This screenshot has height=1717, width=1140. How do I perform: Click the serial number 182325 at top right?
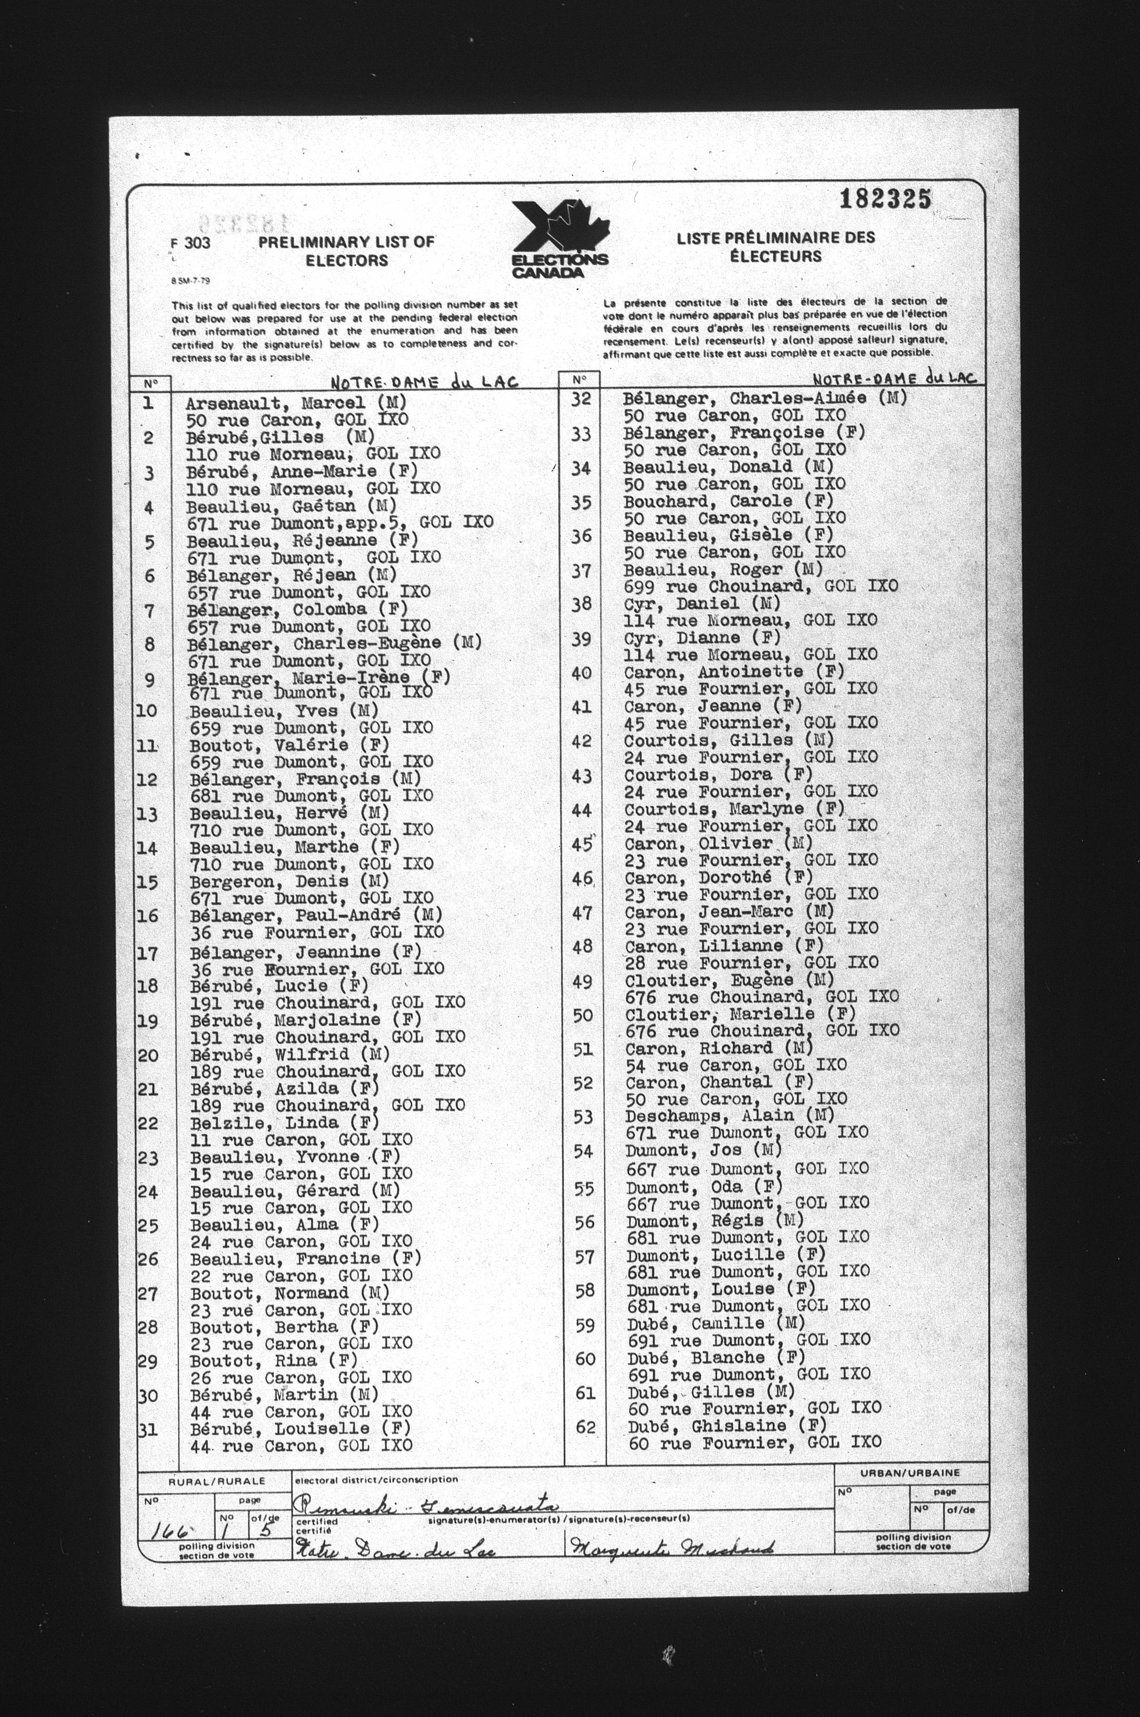coord(885,199)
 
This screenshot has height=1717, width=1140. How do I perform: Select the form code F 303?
coord(192,243)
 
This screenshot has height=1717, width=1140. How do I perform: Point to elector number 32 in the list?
coord(580,399)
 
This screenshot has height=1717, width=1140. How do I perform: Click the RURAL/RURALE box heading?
coord(216,1481)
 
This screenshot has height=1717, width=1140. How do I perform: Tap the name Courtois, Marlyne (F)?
coord(734,808)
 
